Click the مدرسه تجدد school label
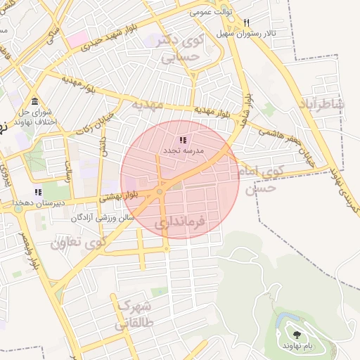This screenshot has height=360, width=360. click(x=183, y=150)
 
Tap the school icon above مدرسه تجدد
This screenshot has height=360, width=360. click(x=183, y=140)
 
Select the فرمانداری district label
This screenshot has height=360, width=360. click(x=180, y=224)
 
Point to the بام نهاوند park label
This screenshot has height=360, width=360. click(x=297, y=347)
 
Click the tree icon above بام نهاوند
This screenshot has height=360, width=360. click(x=297, y=335)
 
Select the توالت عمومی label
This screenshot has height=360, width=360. click(x=210, y=13)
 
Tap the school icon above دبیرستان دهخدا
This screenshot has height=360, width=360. click(x=38, y=192)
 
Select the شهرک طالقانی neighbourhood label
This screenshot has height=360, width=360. click(x=128, y=314)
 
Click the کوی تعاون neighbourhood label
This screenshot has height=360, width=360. click(x=77, y=243)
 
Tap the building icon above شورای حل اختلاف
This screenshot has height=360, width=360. click(x=35, y=101)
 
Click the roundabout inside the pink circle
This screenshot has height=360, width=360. click(x=160, y=191)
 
